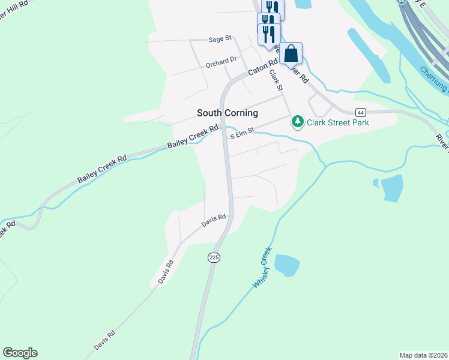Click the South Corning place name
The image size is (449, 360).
(228, 113)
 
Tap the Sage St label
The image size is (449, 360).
(220, 39)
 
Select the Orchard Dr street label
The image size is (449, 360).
(221, 61)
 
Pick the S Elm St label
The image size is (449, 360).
(243, 134)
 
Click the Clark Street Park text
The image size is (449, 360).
(337, 122)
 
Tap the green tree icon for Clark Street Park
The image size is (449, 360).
(297, 122)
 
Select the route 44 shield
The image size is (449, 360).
(360, 112)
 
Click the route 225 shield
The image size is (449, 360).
(214, 257)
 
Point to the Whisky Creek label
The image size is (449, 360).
(262, 267)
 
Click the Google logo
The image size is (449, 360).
(20, 353)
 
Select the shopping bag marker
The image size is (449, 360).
(291, 54)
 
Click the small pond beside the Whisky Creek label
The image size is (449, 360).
(286, 265)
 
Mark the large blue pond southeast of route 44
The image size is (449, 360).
(392, 188)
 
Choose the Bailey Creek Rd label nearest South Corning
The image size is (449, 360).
(193, 137)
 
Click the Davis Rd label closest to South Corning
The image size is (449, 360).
(213, 220)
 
